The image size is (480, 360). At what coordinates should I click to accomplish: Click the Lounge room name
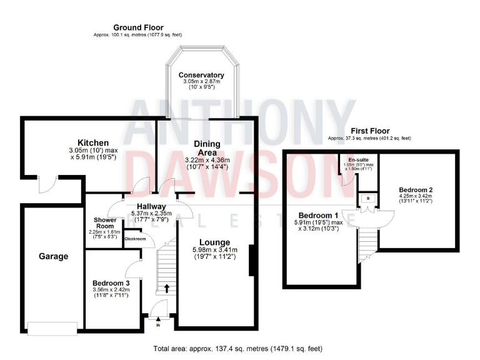click(214, 242)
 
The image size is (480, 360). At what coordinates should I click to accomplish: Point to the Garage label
click(53, 256)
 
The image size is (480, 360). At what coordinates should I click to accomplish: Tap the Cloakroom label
click(136, 238)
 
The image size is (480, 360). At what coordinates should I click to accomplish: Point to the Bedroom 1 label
click(319, 215)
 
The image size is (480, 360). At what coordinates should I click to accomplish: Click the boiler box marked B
click(367, 199)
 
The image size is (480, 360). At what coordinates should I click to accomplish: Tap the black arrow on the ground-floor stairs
click(167, 288)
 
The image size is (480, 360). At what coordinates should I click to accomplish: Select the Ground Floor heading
click(138, 27)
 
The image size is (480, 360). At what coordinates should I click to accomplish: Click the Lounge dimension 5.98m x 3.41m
click(214, 251)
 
